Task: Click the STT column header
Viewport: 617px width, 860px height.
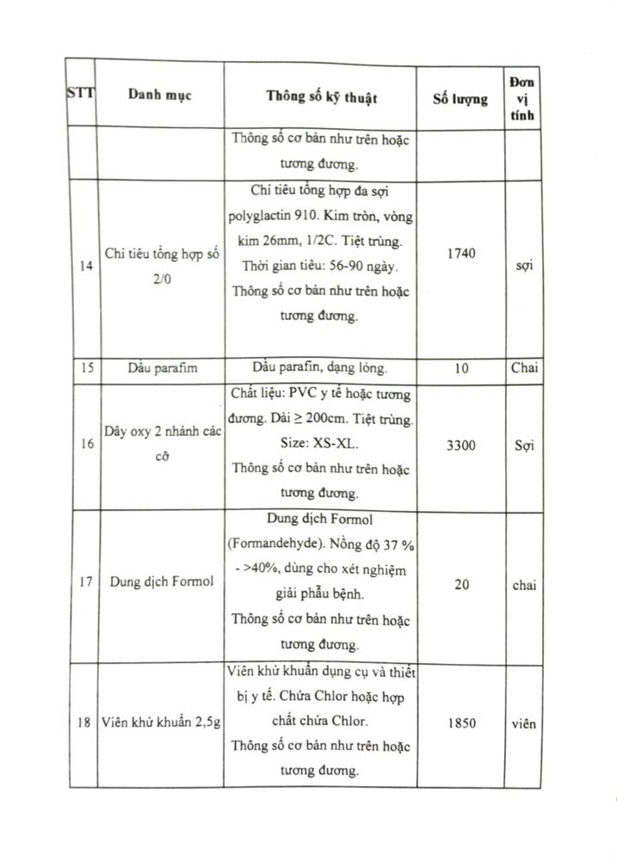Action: (x=80, y=94)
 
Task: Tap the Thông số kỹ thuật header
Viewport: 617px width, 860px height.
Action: (x=321, y=97)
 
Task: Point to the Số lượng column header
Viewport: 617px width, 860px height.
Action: (x=460, y=98)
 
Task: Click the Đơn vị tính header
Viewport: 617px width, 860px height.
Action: (x=521, y=98)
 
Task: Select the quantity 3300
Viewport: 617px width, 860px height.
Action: (x=462, y=445)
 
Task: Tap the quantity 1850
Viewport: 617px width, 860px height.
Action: (x=462, y=723)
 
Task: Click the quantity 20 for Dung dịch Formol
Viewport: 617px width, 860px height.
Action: (x=462, y=585)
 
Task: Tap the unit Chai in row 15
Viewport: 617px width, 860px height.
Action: (x=523, y=368)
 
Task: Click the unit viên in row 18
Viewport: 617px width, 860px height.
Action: (x=521, y=723)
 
